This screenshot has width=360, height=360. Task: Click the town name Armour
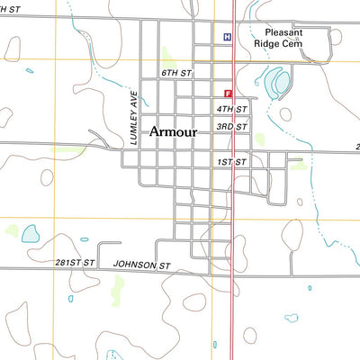(173, 131)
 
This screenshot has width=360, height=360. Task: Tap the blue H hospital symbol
(227, 37)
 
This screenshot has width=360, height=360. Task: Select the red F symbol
(228, 93)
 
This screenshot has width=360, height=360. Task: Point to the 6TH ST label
(177, 71)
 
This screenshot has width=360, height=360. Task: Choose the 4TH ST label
(230, 109)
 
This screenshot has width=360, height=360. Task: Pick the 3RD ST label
(230, 127)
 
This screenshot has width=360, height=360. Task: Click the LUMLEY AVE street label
(133, 118)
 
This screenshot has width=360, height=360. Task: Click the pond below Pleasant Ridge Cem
(279, 85)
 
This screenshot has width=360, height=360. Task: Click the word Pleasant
(276, 31)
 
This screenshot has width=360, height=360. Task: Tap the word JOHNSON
(135, 265)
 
